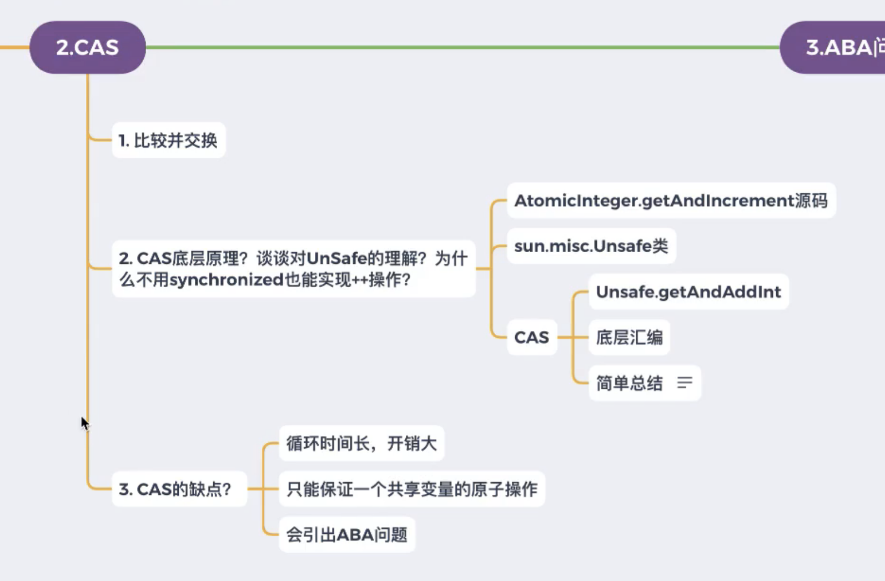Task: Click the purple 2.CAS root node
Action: (x=88, y=47)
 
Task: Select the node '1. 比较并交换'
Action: (x=168, y=141)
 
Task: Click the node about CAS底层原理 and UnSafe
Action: (x=293, y=269)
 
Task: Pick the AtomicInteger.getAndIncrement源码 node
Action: (x=671, y=201)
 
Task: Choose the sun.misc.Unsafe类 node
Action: (x=591, y=246)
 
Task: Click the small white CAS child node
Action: (x=531, y=337)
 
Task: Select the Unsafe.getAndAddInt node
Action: (x=688, y=292)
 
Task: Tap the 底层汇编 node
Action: (x=629, y=337)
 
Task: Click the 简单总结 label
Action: (x=629, y=383)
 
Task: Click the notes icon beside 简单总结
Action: (x=685, y=383)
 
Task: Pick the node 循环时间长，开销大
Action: (x=361, y=443)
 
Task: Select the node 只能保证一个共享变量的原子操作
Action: (x=411, y=489)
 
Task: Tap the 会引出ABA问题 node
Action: (x=346, y=535)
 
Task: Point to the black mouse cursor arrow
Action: (x=84, y=423)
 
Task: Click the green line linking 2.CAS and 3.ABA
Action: (x=461, y=47)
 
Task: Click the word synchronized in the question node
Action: (x=227, y=280)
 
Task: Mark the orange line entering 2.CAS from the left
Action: (x=14, y=47)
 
